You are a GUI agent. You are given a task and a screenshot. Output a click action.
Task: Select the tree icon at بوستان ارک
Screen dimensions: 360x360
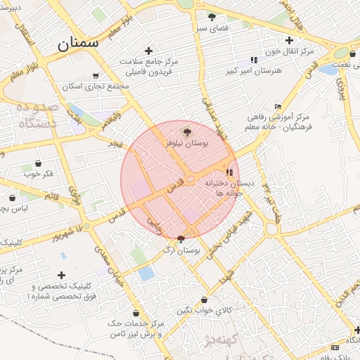click(181, 239)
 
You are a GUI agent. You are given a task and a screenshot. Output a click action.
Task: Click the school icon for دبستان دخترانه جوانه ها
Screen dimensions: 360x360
click(229, 172)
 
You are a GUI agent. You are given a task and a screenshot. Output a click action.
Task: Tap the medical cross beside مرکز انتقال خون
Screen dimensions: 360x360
click(290, 40)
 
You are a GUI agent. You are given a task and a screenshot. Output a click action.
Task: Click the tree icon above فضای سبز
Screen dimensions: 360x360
click(212, 16)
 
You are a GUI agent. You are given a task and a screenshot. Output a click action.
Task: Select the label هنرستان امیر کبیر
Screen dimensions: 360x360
click(254, 70)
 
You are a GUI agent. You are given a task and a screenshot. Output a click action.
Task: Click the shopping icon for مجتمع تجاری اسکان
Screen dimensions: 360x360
click(95, 76)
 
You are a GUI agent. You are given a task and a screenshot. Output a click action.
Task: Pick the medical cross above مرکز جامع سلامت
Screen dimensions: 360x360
click(148, 51)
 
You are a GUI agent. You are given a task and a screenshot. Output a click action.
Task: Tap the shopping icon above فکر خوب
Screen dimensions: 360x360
click(39, 163)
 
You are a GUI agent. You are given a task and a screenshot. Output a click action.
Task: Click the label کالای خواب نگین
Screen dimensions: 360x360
click(203, 311)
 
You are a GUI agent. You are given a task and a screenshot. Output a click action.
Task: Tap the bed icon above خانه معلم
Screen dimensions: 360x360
click(278, 105)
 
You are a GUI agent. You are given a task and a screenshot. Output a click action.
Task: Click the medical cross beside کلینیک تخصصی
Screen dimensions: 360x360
click(62, 274)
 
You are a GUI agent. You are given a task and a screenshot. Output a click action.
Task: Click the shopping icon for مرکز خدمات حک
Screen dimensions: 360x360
click(136, 313)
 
